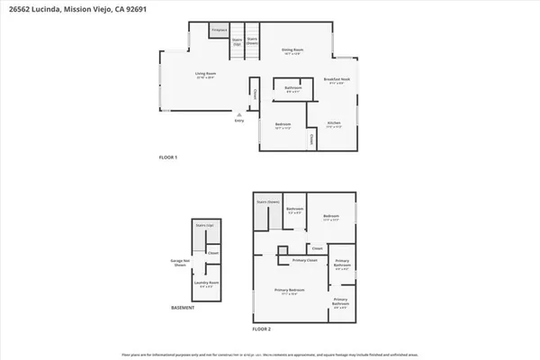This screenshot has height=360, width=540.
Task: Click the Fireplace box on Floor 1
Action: click(x=219, y=31)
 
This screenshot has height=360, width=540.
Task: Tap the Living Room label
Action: click(x=209, y=75)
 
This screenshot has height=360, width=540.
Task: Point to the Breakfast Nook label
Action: click(x=337, y=80)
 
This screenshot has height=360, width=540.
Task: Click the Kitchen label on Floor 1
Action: click(x=334, y=123)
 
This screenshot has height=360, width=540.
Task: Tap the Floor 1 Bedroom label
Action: click(x=283, y=125)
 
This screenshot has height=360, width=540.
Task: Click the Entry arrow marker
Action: click(x=238, y=115)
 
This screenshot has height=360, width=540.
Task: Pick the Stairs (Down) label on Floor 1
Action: click(x=253, y=41)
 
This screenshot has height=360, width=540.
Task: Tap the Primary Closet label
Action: click(x=306, y=260)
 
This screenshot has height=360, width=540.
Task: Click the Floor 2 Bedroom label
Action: click(x=330, y=216)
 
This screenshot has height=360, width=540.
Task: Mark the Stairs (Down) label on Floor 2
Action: click(x=268, y=202)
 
